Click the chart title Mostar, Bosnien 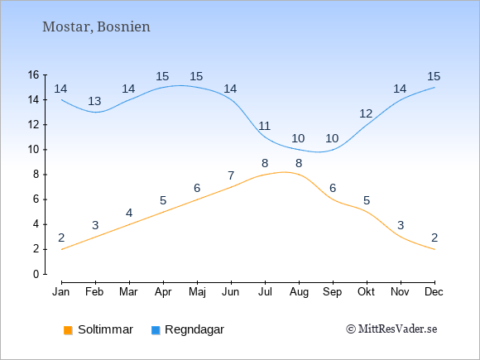96,27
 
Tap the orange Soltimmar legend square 68,330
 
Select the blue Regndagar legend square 156,330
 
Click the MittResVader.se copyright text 391,329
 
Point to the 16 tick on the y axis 33,74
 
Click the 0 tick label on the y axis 36,274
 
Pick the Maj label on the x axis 197,292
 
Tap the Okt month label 366,292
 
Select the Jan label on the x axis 61,292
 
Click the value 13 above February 94,101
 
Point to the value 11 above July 264,126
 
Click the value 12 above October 366,114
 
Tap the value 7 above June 231,175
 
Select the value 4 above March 129,213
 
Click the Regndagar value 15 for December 434,76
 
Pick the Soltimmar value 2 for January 61,238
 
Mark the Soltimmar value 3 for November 401,226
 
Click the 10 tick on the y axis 33,150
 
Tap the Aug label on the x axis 299,292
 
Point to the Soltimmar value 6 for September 333,188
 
